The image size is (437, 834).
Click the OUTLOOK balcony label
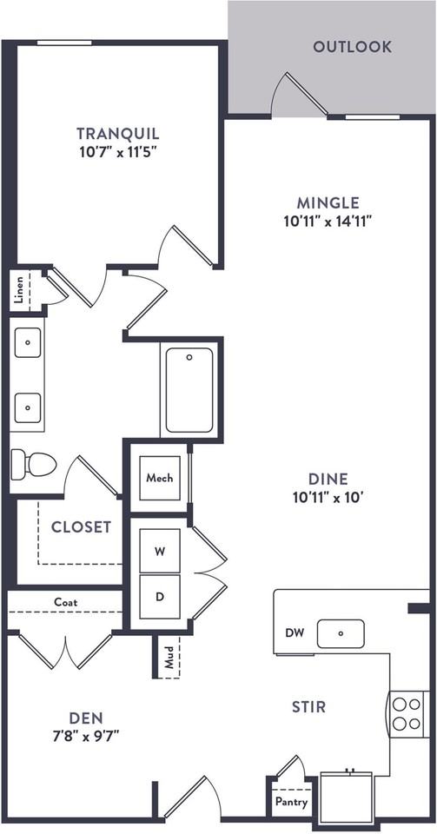pyautogui.click(x=352, y=47)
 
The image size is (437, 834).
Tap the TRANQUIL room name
pyautogui.click(x=118, y=133)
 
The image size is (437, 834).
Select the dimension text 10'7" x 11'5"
pyautogui.click(x=118, y=153)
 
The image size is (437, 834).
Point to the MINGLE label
pyautogui.click(x=328, y=202)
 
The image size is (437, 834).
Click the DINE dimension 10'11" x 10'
pyautogui.click(x=328, y=498)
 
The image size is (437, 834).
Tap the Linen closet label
pyautogui.click(x=19, y=291)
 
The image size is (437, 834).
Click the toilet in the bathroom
pyautogui.click(x=34, y=463)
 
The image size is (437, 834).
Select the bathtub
pyautogui.click(x=189, y=390)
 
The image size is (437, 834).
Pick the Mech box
pyautogui.click(x=160, y=478)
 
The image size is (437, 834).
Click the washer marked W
pyautogui.click(x=160, y=552)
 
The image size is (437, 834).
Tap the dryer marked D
pyautogui.click(x=160, y=597)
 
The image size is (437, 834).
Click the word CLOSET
pyautogui.click(x=82, y=527)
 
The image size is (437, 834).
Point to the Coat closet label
pyautogui.click(x=66, y=603)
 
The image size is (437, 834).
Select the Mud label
pyautogui.click(x=169, y=658)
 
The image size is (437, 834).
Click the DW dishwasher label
pyautogui.click(x=294, y=633)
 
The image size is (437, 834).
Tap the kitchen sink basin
pyautogui.click(x=341, y=633)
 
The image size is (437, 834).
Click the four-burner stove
pyautogui.click(x=407, y=714)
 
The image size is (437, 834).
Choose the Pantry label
pyautogui.click(x=291, y=802)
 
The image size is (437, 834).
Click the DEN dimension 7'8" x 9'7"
pyautogui.click(x=86, y=736)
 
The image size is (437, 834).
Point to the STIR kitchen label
pyautogui.click(x=309, y=707)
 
